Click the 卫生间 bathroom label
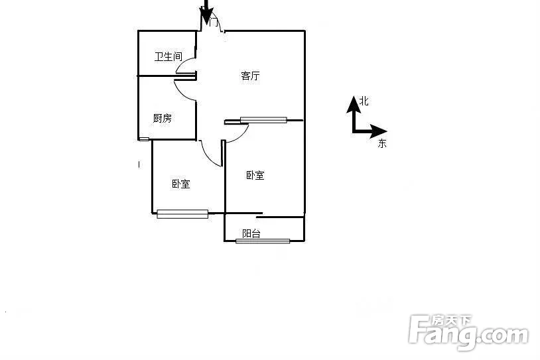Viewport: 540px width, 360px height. point(168,56)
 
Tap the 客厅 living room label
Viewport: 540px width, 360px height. point(250,76)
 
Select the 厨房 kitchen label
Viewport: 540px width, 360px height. point(163,119)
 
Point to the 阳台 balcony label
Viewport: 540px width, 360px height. point(251,233)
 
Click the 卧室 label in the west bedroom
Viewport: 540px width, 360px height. point(181,184)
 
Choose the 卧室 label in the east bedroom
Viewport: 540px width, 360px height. point(255,175)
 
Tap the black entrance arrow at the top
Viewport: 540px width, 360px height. point(206,12)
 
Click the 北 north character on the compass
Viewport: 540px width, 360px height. point(364,101)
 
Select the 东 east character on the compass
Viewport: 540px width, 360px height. point(382,143)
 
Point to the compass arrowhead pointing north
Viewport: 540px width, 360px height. point(354,105)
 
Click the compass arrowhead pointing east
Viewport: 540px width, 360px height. point(379,131)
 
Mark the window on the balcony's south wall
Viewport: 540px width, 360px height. point(263,241)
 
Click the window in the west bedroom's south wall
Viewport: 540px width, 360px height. point(182,214)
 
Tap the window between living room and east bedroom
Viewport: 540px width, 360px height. point(263,120)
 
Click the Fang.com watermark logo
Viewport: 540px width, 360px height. point(469,333)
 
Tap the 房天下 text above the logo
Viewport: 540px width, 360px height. point(452,321)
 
